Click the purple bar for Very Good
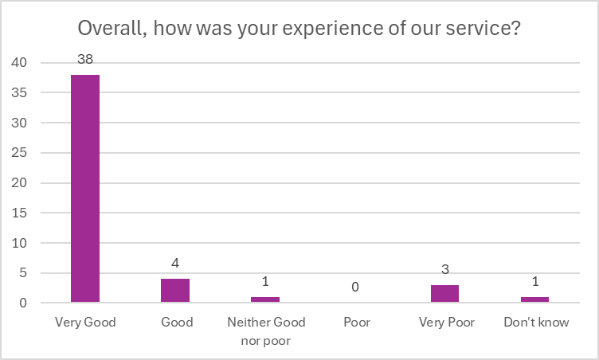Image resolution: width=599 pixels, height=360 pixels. [x=85, y=189]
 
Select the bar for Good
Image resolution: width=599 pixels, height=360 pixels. [x=175, y=291]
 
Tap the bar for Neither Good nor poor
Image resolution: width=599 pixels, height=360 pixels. [x=265, y=299]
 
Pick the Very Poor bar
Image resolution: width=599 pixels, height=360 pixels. [x=444, y=294]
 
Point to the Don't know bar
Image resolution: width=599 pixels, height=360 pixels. [x=534, y=299]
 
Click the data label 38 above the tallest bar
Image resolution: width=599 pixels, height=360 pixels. [x=85, y=59]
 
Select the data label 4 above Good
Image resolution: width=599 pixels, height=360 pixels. [x=175, y=263]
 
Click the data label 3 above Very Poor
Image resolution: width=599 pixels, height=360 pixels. [x=444, y=269]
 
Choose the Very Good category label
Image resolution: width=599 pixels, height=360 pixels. [x=85, y=323]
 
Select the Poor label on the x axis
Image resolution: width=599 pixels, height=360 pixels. [x=355, y=323]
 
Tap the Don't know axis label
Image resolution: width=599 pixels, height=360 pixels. [x=534, y=323]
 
